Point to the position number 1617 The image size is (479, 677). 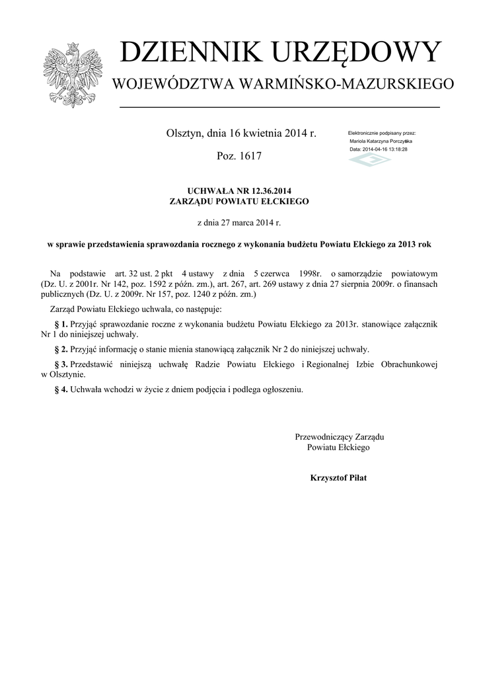248,157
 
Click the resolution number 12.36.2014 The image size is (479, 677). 265,191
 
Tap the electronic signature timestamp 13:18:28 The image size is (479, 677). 395,149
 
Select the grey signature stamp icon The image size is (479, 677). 369,161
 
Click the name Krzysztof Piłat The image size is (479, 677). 338,477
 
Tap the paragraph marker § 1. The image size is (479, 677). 61,325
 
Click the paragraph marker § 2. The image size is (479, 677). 61,349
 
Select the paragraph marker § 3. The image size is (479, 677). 61,365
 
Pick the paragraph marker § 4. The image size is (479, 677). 61,389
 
